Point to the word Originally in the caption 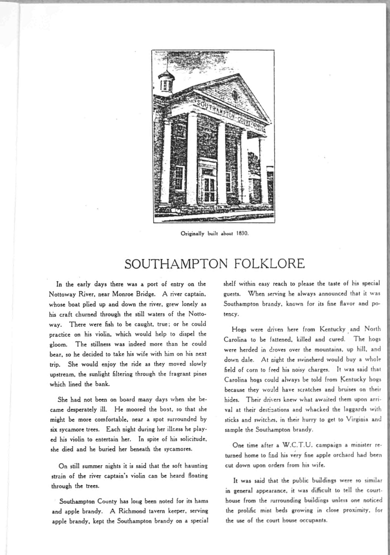tap(193, 234)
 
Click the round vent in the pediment tap(235, 95)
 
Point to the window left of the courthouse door tap(179, 178)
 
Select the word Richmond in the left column tap(132, 511)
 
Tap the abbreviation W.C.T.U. tap(295, 445)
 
